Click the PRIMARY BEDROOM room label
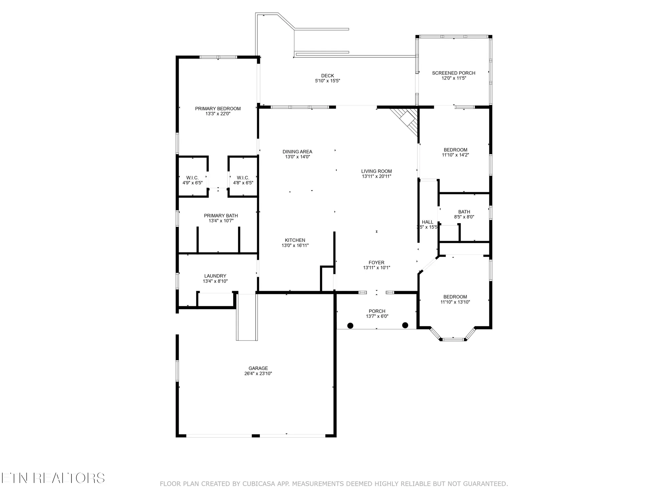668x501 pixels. pos(218,109)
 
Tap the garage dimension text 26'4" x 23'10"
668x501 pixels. pos(258,374)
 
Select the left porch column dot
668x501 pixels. pos(350,325)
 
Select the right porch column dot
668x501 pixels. pos(405,325)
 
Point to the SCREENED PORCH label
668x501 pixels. pos(454,73)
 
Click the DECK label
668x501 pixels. pos(327,76)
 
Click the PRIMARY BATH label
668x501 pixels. pos(221,216)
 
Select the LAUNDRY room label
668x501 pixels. pos(215,276)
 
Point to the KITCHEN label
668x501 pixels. pos(295,240)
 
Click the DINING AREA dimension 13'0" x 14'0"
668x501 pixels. pos(297,157)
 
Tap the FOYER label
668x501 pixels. pos(376,263)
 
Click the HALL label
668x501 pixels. pos(428,222)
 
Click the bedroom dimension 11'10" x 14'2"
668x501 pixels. pos(455,155)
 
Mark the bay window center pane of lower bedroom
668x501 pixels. pos(453,339)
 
